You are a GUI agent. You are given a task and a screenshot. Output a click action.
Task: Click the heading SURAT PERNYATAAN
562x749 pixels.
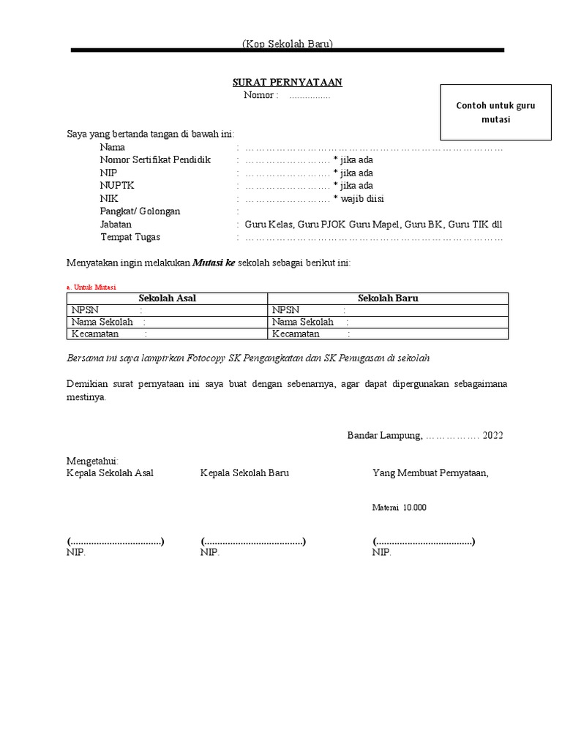coord(287,82)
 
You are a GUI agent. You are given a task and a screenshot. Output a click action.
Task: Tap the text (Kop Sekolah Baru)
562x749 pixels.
coord(288,44)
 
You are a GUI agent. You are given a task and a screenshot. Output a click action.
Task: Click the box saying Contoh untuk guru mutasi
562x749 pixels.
coord(495,112)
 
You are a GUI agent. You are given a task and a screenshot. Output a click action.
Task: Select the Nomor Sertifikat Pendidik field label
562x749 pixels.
coord(155,159)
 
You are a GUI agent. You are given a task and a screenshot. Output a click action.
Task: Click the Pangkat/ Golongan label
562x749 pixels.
coord(140,211)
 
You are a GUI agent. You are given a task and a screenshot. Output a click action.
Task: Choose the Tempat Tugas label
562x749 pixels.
coord(130,237)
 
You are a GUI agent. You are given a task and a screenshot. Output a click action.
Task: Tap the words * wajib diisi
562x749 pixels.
coord(359,199)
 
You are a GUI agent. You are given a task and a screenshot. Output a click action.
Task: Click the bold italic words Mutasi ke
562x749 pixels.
coord(214,263)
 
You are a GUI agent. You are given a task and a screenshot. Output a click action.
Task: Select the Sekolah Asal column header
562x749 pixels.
coord(168,298)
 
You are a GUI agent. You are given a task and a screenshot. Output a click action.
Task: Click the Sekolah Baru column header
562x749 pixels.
coord(388,298)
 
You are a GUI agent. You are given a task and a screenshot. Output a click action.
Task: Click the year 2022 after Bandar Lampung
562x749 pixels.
coord(492,435)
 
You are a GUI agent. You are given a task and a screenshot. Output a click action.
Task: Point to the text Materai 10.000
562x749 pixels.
coord(399,507)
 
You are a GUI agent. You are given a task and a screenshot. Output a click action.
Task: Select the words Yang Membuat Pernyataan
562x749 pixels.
coord(430,473)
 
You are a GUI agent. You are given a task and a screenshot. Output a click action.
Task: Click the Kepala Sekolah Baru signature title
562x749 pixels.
coord(244,473)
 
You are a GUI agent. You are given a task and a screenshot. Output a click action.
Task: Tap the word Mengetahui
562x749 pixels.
coord(92,461)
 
